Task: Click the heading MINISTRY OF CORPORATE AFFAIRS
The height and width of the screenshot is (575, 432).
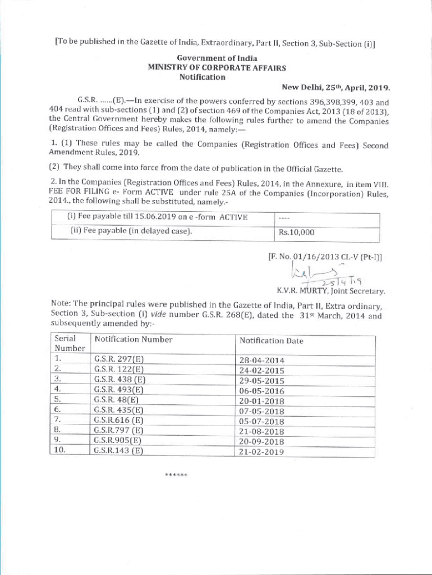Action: click(x=217, y=67)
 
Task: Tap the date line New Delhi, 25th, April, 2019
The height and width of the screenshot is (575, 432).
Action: click(x=336, y=88)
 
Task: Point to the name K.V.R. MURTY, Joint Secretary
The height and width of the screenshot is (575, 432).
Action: click(x=330, y=291)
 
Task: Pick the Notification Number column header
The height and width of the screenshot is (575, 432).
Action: click(x=134, y=339)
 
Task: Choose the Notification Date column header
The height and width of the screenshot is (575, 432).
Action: click(x=271, y=340)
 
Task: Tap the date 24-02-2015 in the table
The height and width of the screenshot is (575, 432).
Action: click(x=261, y=371)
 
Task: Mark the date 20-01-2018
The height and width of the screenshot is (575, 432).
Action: click(x=261, y=401)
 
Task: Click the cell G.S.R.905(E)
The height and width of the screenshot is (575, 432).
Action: click(x=118, y=440)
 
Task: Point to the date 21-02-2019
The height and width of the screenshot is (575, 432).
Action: click(x=261, y=451)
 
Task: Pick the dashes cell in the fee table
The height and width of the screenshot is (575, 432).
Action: click(x=286, y=217)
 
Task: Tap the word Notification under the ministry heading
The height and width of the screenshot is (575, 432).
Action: click(x=202, y=77)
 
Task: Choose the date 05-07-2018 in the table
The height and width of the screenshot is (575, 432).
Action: click(x=261, y=421)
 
